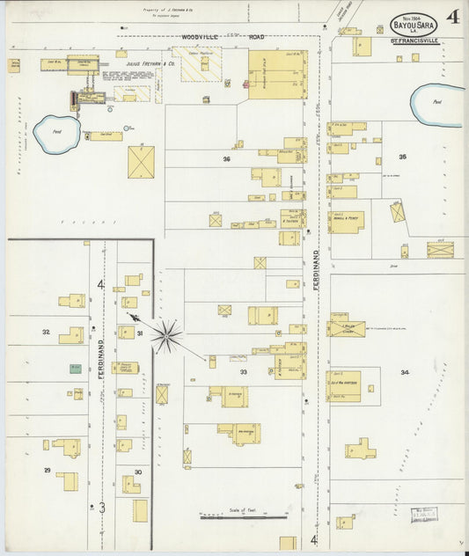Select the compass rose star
[166, 335]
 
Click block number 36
[226, 159]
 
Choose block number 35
[402, 157]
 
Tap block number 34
[404, 372]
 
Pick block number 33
[242, 372]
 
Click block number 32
[46, 333]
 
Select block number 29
[48, 471]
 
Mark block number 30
[137, 472]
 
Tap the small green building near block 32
[76, 369]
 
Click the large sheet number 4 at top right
[451, 18]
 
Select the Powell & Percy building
[347, 222]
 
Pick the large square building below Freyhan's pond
[142, 162]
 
